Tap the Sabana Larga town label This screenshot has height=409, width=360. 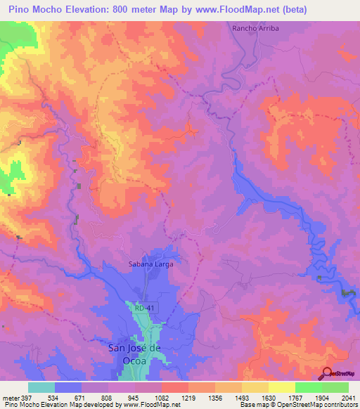(x=150, y=264)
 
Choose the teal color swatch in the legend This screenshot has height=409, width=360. (x=41, y=387)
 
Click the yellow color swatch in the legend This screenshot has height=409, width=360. (x=282, y=387)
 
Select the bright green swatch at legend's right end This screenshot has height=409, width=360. (x=335, y=387)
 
